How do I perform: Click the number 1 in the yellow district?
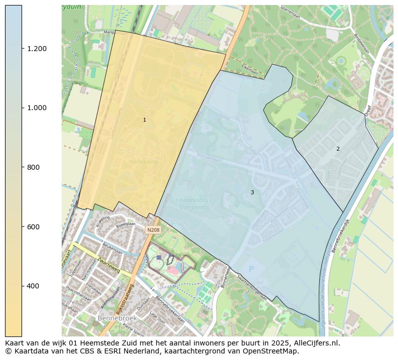click(144, 120)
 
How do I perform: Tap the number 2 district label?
click(338, 149)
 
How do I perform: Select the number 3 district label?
click(252, 193)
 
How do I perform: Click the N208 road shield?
click(153, 230)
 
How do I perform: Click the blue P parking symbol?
click(252, 269)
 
